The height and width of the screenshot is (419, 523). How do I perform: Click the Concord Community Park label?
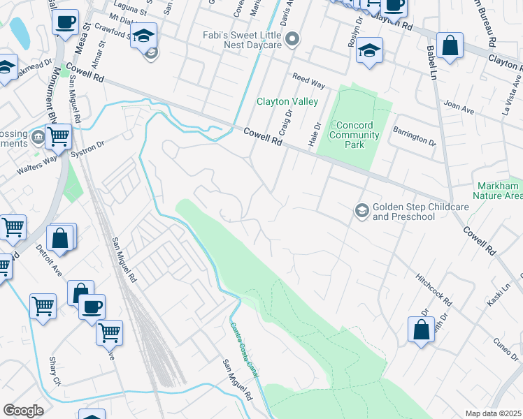tap(354, 135)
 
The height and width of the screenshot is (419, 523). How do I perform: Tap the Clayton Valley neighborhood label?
tap(287, 101)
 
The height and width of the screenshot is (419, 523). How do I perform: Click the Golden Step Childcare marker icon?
tap(361, 209)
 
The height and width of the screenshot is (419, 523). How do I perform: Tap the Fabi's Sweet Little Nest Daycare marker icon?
tap(294, 40)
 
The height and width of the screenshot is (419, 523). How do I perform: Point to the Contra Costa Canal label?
tap(244, 350)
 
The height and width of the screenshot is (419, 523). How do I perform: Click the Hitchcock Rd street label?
tap(434, 291)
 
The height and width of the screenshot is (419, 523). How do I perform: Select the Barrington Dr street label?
tap(414, 136)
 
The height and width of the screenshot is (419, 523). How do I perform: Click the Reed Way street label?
tap(308, 82)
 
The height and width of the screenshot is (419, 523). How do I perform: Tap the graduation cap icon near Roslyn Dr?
tap(368, 51)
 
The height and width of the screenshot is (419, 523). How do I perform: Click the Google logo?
tap(23, 411)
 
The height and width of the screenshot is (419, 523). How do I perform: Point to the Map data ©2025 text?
tap(493, 413)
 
